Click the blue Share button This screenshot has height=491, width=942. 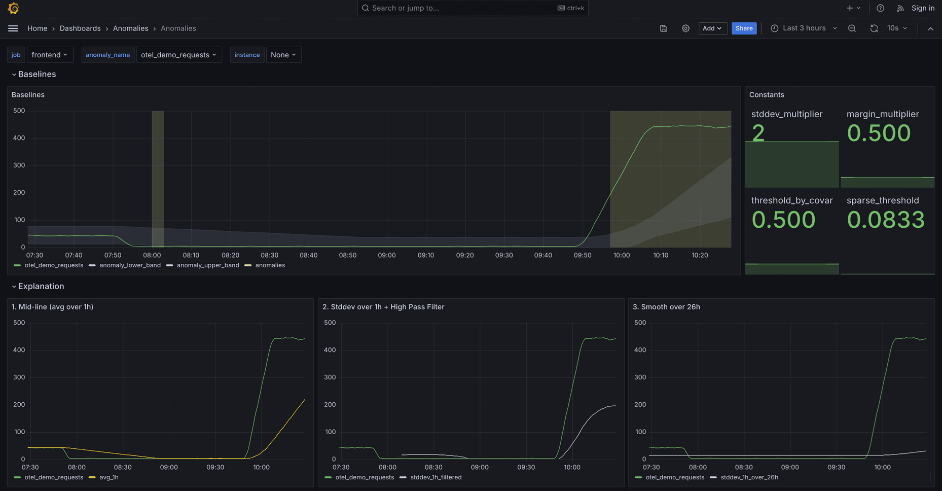point(744,28)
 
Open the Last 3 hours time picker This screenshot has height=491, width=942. point(804,28)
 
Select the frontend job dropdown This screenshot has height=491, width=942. point(49,55)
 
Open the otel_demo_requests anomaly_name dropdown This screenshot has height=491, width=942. point(178,55)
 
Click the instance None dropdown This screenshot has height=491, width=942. point(283,55)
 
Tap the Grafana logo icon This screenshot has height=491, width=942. point(14,8)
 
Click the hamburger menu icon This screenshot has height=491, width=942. point(13,28)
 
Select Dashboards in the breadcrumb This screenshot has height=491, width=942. point(80,28)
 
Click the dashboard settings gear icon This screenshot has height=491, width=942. point(685,28)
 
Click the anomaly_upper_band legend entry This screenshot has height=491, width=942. point(207,265)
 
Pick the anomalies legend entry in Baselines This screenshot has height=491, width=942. point(270,265)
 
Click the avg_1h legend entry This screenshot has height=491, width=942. point(108,477)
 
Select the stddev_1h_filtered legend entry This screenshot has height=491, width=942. point(436,477)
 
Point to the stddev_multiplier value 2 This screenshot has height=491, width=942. point(758,133)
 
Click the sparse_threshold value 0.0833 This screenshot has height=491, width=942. point(885,220)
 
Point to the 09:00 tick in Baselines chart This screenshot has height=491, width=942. point(387,255)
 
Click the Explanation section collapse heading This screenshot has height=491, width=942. point(41,287)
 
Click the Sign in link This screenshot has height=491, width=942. point(923,8)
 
